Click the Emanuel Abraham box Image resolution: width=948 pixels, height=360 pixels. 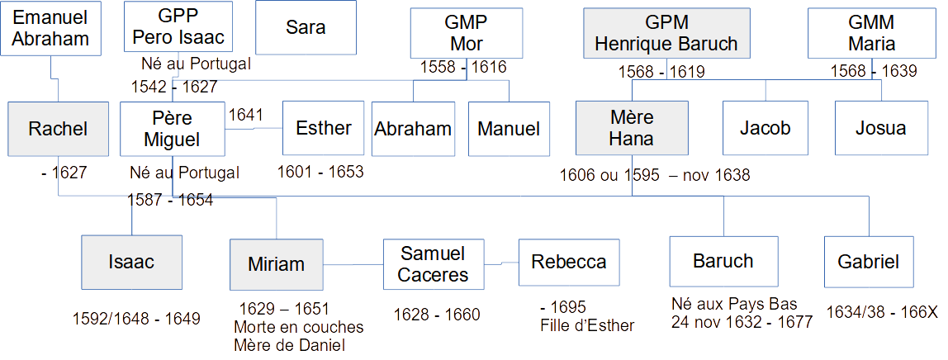coord(51,28)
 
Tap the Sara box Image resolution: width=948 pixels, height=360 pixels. coord(306,27)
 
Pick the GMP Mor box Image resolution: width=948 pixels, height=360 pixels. coord(466,33)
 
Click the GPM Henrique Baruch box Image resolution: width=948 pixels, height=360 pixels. coord(666,33)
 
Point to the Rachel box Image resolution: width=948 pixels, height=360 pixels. coord(58,128)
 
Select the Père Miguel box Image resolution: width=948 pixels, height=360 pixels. coord(172,129)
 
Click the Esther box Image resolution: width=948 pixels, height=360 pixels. coord(323,128)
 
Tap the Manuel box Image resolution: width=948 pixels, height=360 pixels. coord(509,128)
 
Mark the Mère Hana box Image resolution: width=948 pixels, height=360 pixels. coord(631,128)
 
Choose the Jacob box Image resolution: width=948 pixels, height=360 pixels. coord(765,128)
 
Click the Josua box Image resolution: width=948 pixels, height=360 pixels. coord(880,128)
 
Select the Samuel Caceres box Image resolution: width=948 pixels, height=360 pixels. coord(433,264)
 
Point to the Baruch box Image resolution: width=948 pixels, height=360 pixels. coord(723,262)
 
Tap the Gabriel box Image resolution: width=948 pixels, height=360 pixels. coord(868,262)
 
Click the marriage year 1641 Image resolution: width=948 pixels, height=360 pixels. coord(244,115)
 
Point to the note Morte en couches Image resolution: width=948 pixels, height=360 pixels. coord(299,327)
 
